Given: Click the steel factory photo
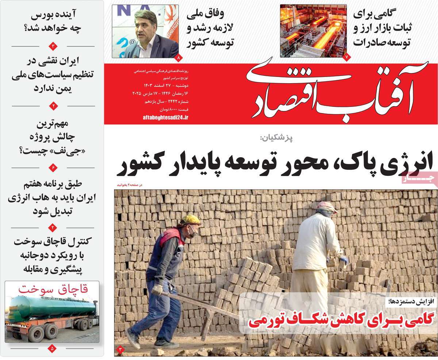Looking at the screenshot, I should coord(313,31).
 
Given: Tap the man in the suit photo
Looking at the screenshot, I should coord(145,31).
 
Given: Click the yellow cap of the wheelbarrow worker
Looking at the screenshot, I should coord(190,220).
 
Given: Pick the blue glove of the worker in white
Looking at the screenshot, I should coord(343,261).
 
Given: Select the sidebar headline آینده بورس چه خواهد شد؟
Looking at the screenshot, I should coord(53,22).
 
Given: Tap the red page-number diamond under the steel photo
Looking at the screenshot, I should coord(346,57).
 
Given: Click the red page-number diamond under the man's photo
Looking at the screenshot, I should coord(178,57).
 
